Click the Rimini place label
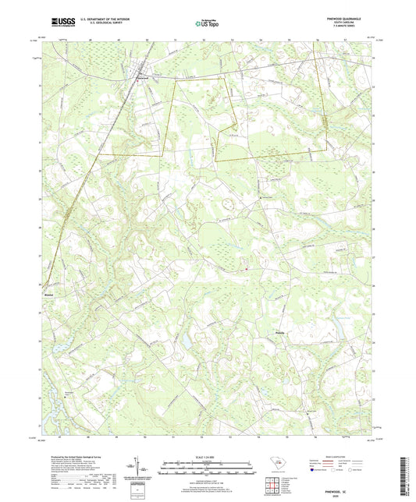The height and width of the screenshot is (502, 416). tap(50, 295)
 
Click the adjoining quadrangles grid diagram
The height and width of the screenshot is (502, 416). tap(272, 485)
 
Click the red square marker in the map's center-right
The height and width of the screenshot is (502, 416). tap(247, 270)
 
